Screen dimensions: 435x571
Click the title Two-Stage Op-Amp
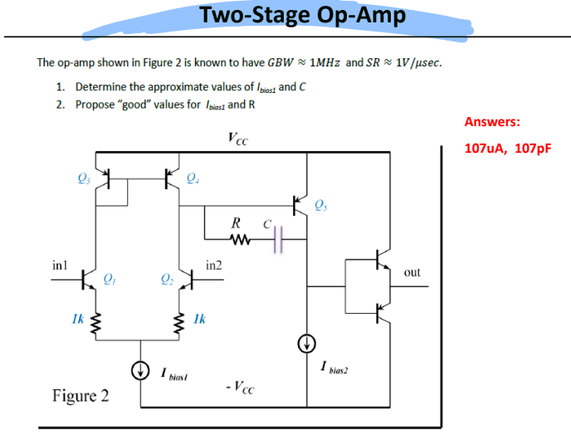pos(303,15)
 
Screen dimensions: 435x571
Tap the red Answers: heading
pos(492,121)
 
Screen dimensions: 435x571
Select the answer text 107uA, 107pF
pos(507,149)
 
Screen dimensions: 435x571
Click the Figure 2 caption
pos(81,394)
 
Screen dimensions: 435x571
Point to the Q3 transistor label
pos(81,175)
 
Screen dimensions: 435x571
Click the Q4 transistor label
pos(193,175)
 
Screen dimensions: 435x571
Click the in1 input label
pos(59,266)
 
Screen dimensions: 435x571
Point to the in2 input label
pos(212,266)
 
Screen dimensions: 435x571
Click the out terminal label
pos(412,271)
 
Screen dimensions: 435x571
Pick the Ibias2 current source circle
pos(307,342)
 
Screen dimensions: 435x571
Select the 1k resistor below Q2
pos(179,320)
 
